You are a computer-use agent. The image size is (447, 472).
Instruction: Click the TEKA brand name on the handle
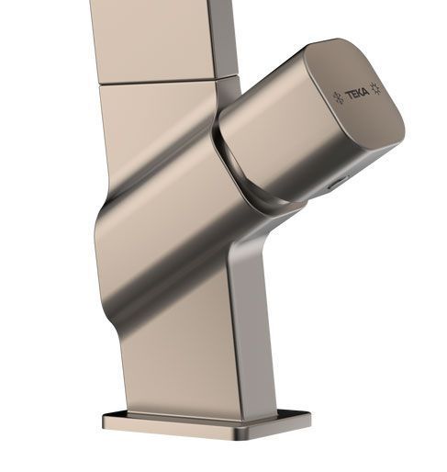pos(357,94)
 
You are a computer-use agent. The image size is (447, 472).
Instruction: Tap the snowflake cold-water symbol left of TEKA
pos(338,98)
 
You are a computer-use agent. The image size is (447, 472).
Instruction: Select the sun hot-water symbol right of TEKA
pos(375,88)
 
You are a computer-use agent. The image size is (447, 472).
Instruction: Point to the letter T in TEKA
pos(349,96)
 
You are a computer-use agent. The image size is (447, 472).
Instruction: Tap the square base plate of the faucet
pos(207,424)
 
